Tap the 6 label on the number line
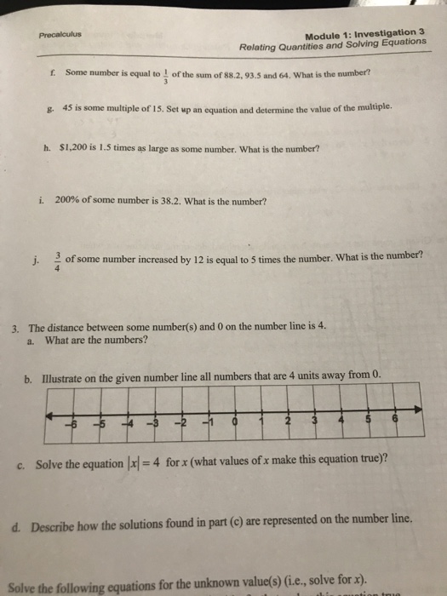click(x=394, y=421)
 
